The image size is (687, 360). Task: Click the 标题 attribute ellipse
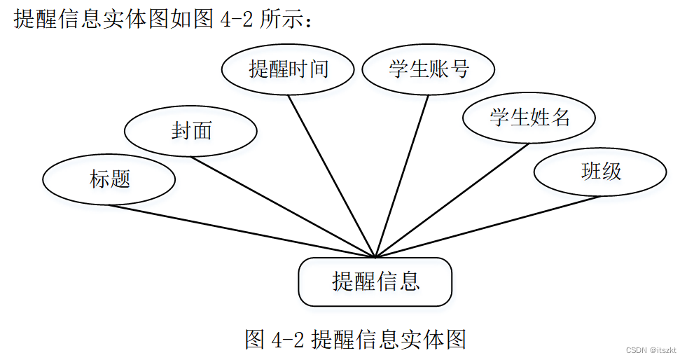pos(109,179)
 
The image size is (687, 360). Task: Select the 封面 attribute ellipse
pos(190,130)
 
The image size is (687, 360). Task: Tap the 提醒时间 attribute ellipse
pos(288,69)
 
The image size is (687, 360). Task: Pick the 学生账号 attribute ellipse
pos(428,69)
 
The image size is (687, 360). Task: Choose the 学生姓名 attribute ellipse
pos(529,117)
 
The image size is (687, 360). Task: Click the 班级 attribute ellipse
pos(600,172)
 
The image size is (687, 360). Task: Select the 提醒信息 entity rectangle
pos(375,282)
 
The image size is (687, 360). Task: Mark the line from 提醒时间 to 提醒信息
pos(332,176)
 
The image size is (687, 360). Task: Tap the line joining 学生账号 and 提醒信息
pos(403,175)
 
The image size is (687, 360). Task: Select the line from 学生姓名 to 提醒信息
pos(452,200)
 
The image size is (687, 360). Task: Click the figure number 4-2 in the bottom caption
pos(287,340)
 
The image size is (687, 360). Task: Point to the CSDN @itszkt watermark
pos(647,350)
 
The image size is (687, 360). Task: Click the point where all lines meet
pos(375,257)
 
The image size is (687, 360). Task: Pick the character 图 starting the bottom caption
pos(254,340)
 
